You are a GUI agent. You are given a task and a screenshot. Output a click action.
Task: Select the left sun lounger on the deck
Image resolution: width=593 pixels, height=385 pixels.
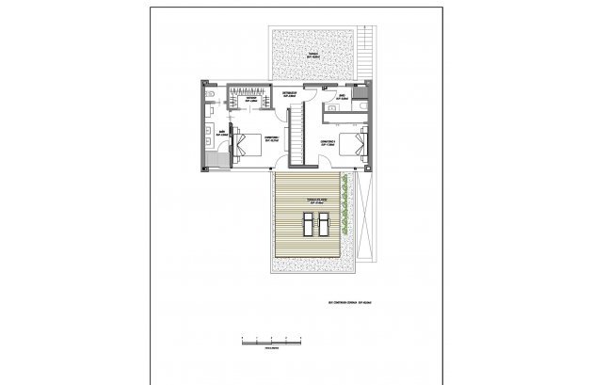click(307, 226)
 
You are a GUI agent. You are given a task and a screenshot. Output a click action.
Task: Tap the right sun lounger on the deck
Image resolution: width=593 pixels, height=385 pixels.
click(323, 226)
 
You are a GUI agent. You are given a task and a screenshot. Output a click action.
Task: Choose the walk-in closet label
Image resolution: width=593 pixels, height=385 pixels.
click(251, 99)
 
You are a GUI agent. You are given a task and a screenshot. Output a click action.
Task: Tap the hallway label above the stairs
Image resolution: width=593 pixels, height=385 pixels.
click(291, 95)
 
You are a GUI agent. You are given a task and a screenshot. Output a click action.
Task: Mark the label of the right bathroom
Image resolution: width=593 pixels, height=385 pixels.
click(344, 97)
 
